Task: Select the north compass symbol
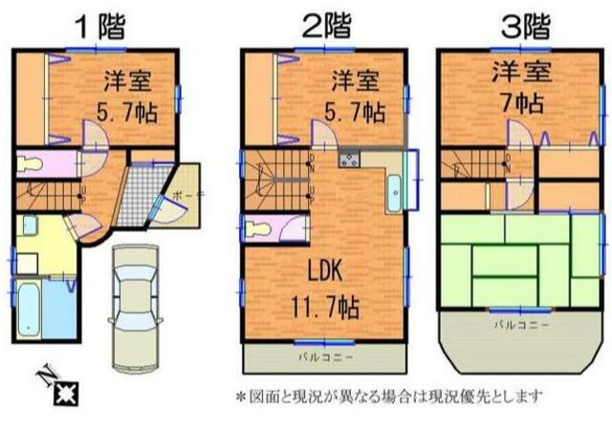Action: click(x=61, y=387)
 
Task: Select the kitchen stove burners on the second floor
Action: click(x=348, y=159)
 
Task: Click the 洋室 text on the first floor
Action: click(x=124, y=80)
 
